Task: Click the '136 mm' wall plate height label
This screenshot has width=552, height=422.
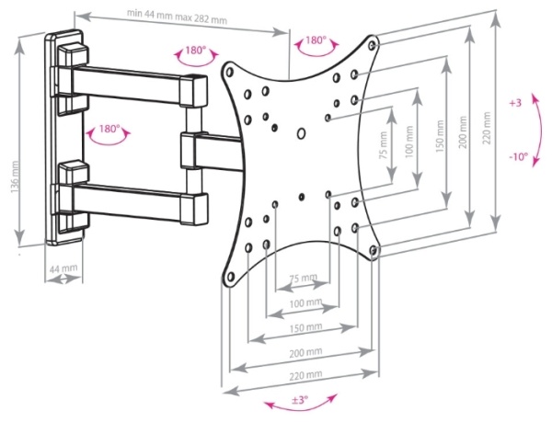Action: tap(15, 177)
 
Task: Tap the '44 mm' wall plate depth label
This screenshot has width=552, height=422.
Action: tap(63, 269)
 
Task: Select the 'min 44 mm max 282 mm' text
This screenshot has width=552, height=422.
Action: tap(177, 17)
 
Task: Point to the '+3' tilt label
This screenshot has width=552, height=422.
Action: tap(514, 103)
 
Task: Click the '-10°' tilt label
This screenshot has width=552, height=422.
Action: tap(519, 156)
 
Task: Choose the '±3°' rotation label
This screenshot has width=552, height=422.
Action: tap(300, 400)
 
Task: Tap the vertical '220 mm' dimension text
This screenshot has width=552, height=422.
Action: tap(487, 128)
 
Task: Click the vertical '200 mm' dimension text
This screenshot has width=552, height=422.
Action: tap(463, 132)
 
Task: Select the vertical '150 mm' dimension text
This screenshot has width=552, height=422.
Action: tap(440, 137)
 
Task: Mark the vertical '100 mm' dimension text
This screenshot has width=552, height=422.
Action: tap(408, 142)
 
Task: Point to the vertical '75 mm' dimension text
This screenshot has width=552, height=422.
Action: tap(384, 144)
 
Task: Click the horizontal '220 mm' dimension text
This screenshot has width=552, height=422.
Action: tap(305, 375)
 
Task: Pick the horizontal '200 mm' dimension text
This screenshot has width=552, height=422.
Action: tap(305, 352)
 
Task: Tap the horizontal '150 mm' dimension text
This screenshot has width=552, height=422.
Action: tap(305, 328)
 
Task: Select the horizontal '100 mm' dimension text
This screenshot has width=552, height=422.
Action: tap(305, 302)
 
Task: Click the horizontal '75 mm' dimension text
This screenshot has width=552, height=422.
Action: tap(304, 278)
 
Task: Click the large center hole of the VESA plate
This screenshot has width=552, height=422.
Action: tap(302, 133)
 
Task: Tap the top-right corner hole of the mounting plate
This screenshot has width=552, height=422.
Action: tap(372, 45)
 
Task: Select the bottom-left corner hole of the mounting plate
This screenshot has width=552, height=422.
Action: tap(231, 277)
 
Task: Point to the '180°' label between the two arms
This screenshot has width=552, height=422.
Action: tap(109, 129)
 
